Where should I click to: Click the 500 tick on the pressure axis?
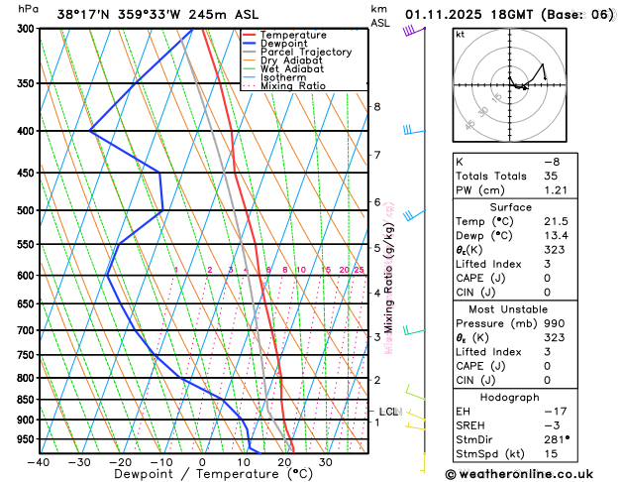click(23, 210)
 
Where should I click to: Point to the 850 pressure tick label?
click(23, 400)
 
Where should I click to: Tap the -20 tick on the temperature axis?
click(120, 461)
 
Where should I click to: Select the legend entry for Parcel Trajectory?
click(299, 52)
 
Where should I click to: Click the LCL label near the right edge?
click(389, 412)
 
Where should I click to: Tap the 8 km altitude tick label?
click(376, 106)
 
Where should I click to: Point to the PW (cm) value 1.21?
click(580, 189)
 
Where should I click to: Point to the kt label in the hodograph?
click(460, 34)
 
